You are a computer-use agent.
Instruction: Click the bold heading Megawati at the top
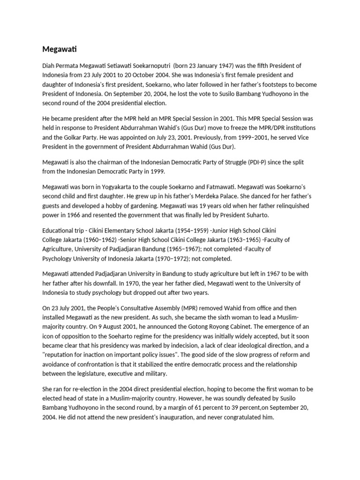(x=57, y=49)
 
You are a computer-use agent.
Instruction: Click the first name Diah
(x=49, y=66)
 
